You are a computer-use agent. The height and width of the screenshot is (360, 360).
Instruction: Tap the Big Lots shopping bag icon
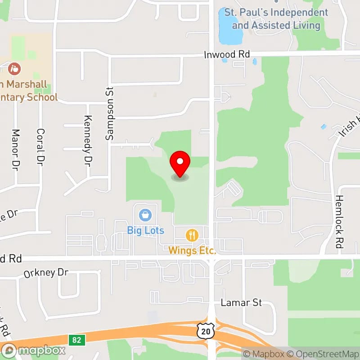tap(145, 215)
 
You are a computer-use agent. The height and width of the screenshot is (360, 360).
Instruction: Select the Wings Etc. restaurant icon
tap(192, 235)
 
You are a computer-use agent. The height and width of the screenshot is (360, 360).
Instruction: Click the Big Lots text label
tap(145, 230)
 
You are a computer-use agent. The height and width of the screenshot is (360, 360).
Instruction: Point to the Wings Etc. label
tap(192, 250)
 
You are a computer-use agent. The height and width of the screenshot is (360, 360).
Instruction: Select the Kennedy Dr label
tap(88, 139)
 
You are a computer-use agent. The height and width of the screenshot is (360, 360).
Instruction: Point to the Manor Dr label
tap(16, 147)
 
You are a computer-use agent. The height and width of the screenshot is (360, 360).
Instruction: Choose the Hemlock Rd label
tap(339, 222)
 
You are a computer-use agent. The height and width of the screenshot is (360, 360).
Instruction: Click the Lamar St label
tap(241, 302)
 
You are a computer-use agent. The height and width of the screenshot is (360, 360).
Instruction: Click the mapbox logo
tap(34, 350)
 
